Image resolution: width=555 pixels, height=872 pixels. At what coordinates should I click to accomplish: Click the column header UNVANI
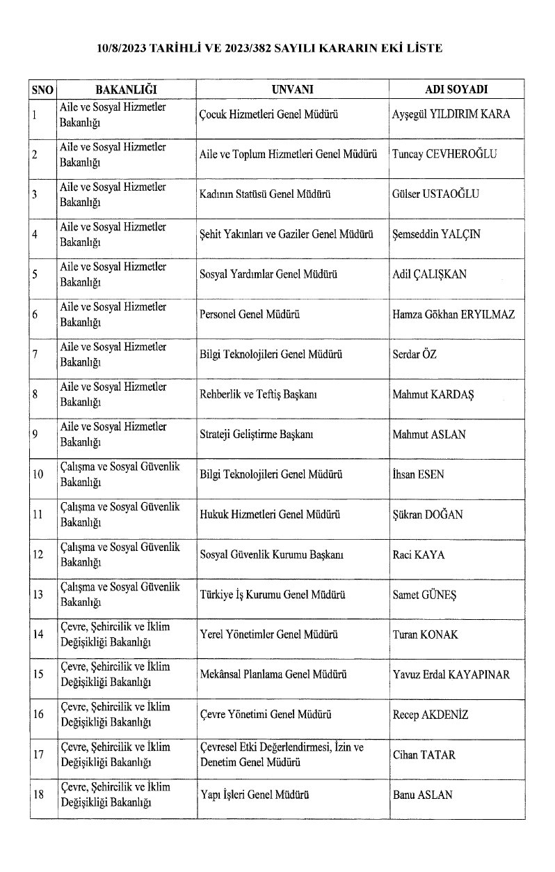point(293,91)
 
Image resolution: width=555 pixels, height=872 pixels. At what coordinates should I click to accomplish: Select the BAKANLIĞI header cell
point(126,91)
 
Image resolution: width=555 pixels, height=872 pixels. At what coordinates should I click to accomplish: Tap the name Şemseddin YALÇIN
point(436,235)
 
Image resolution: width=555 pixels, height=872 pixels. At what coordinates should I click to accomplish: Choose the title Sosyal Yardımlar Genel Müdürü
point(268,274)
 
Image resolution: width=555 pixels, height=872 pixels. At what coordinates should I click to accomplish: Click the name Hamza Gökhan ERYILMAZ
point(453,315)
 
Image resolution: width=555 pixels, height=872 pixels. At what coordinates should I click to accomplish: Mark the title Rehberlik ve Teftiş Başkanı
point(258,395)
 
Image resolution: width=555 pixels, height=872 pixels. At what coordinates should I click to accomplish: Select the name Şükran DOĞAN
point(428,515)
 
